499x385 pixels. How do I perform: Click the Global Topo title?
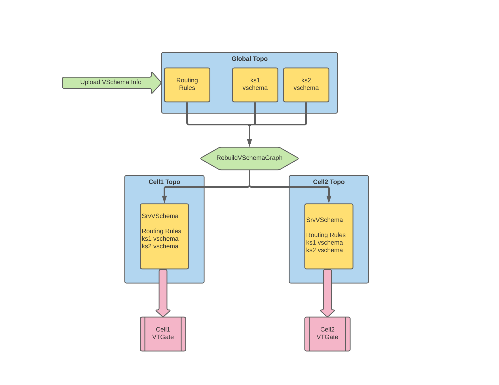click(x=249, y=59)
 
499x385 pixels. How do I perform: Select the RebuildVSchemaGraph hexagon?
click(x=249, y=158)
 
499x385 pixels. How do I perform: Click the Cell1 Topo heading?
click(x=164, y=182)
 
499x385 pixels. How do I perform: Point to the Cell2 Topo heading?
click(x=329, y=182)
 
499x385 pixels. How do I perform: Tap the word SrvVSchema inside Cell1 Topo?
click(x=160, y=216)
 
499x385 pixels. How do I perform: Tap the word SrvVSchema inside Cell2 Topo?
click(x=324, y=220)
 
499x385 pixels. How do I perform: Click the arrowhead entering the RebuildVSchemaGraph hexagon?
click(x=249, y=143)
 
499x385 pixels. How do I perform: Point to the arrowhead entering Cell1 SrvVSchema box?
click(x=164, y=199)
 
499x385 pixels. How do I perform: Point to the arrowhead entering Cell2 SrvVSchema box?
click(x=329, y=199)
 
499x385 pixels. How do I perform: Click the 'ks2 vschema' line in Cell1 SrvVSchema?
click(x=160, y=246)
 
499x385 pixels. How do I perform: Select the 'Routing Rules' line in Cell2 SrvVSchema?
click(x=326, y=235)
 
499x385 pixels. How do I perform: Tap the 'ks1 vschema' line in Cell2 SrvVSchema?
click(x=324, y=243)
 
